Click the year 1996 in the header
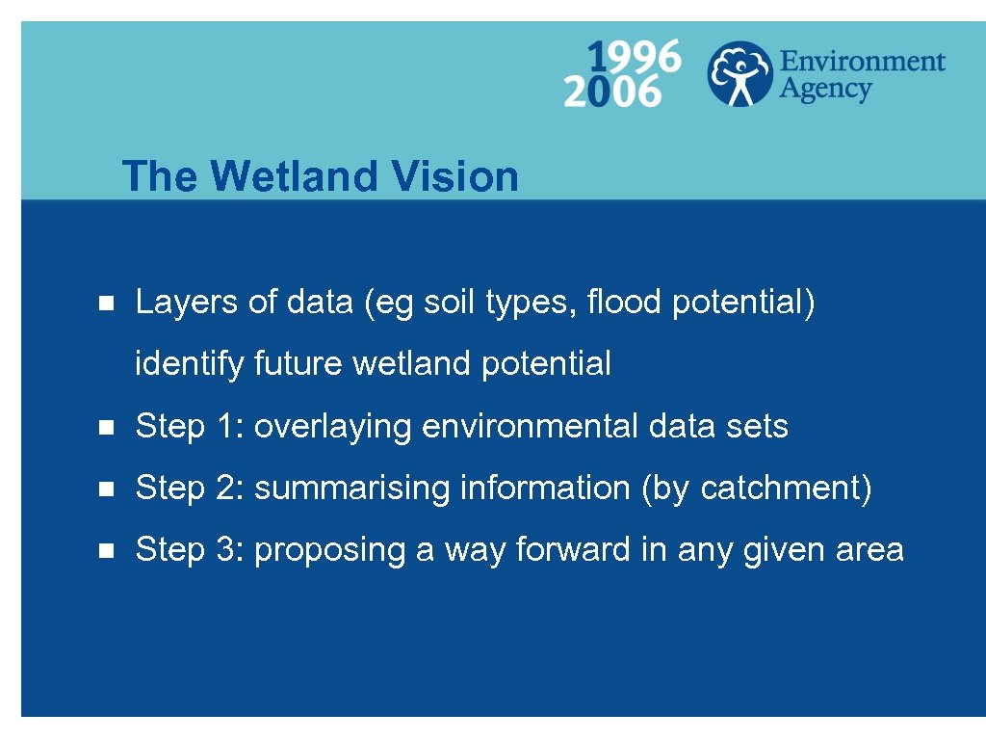coord(636,57)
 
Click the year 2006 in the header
coord(612,92)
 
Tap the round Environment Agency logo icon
coord(739,73)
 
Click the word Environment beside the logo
coord(862,62)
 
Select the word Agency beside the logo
coord(824,91)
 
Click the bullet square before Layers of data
coord(107,304)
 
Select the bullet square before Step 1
coord(107,427)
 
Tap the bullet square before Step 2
coord(107,489)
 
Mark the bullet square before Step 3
coord(107,551)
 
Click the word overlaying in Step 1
coord(333,426)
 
